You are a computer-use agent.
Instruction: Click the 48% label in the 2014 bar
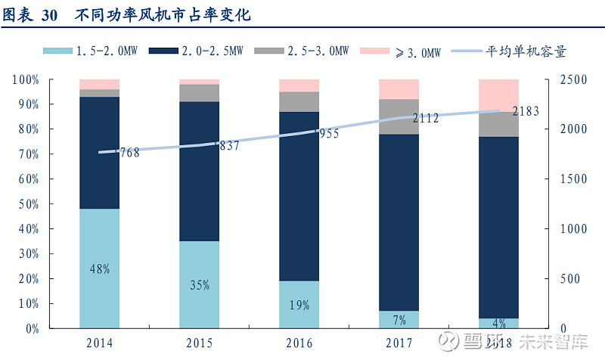tap(100, 268)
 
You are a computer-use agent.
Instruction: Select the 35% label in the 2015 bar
tap(200, 285)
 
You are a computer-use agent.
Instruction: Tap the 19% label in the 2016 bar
tap(299, 306)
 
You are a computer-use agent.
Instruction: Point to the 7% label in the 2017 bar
tap(399, 320)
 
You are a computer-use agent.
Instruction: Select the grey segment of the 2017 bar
tap(399, 116)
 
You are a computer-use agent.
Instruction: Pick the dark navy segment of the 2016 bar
tap(299, 197)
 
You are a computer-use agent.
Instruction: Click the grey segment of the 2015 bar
tap(200, 93)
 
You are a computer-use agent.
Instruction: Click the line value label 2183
tap(526, 111)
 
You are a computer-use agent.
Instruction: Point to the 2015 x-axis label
tap(200, 343)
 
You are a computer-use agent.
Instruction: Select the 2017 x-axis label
tap(399, 343)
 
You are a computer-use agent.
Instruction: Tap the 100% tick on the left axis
tap(25, 79)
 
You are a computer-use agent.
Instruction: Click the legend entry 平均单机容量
tap(526, 51)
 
